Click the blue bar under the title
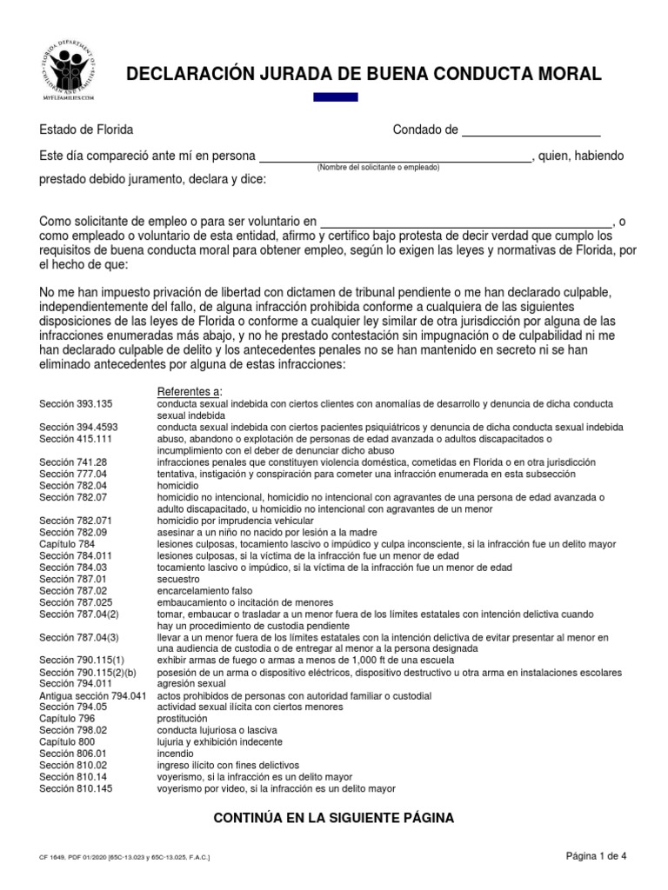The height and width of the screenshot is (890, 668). [335, 96]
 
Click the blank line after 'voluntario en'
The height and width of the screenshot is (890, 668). [467, 222]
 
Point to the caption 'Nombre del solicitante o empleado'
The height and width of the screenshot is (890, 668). [378, 167]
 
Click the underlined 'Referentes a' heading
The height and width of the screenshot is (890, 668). [189, 392]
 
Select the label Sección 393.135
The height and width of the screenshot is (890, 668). [76, 404]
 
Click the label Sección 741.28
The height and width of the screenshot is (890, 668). [73, 462]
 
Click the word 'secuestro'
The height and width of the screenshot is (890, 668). [178, 578]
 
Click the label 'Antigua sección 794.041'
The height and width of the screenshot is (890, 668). [93, 696]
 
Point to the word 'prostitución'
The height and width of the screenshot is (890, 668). [182, 719]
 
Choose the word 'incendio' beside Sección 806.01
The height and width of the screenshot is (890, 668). [176, 754]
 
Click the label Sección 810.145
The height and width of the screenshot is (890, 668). [76, 788]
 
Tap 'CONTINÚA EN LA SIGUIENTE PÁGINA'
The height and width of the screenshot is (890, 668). [333, 818]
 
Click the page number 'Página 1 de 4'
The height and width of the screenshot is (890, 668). [596, 856]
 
